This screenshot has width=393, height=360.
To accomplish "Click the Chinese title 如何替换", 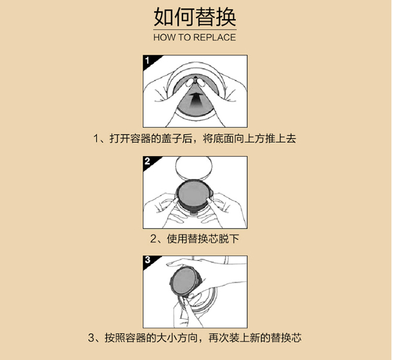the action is pos(195,17).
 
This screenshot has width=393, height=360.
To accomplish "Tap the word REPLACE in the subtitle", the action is pos(215,38).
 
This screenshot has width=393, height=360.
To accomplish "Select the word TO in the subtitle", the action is pos(184,38).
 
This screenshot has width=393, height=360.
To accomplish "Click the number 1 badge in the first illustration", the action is pos(148,61).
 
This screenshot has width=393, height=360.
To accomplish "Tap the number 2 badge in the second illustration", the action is pos(148,161).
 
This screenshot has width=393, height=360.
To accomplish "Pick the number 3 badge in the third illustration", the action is pos(148,260).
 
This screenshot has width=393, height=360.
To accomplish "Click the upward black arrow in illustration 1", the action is pos(196,100).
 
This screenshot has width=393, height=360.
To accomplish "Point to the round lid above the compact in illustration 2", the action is pos(194,167).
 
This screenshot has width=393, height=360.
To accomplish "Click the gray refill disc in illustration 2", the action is pos(193,194).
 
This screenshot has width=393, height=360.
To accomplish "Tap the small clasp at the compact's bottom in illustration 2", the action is pos(194,212).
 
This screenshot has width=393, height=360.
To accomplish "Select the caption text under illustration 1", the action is pos(195,139).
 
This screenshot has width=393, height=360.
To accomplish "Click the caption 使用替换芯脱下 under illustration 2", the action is pos(203,239).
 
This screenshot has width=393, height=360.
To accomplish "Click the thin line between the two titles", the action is pos(195,30).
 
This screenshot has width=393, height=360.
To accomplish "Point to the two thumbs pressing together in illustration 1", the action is pos(196,82).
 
